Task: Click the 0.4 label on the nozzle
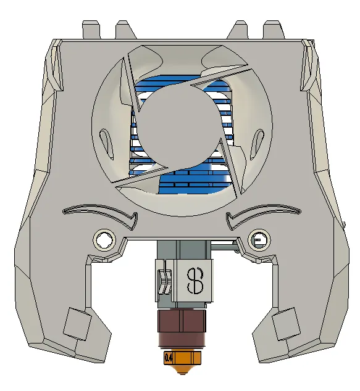click(168, 357)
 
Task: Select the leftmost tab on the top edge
click(91, 29)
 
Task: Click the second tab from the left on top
click(123, 30)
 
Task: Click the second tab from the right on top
click(240, 30)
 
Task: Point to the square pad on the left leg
click(77, 323)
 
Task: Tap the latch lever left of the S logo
click(164, 281)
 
